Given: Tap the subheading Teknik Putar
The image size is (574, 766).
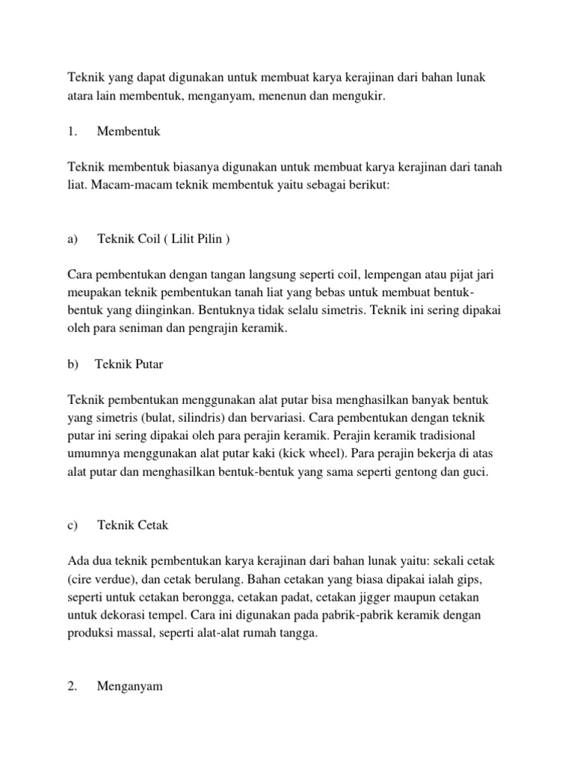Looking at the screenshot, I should (x=129, y=364).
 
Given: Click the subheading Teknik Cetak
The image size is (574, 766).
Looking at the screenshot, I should (x=132, y=525).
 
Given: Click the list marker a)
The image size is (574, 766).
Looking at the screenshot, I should (x=72, y=239).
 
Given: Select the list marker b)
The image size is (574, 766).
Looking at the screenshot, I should (x=72, y=364).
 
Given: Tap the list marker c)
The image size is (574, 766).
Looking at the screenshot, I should (x=72, y=525).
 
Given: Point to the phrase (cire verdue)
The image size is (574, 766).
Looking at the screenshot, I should (x=103, y=579).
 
